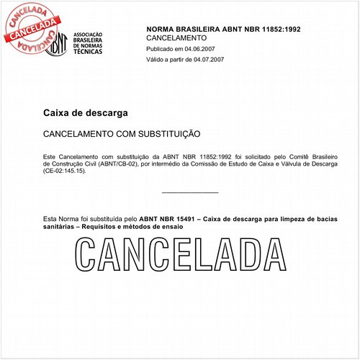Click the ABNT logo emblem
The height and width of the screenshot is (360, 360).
57,45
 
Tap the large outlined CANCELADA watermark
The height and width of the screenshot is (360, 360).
180,256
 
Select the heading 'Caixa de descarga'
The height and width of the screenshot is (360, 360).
86,114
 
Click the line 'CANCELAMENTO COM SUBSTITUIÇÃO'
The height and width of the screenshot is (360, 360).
122,135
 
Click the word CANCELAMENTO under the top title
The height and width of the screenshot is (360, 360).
176,37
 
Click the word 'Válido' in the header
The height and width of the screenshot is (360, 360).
156,60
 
